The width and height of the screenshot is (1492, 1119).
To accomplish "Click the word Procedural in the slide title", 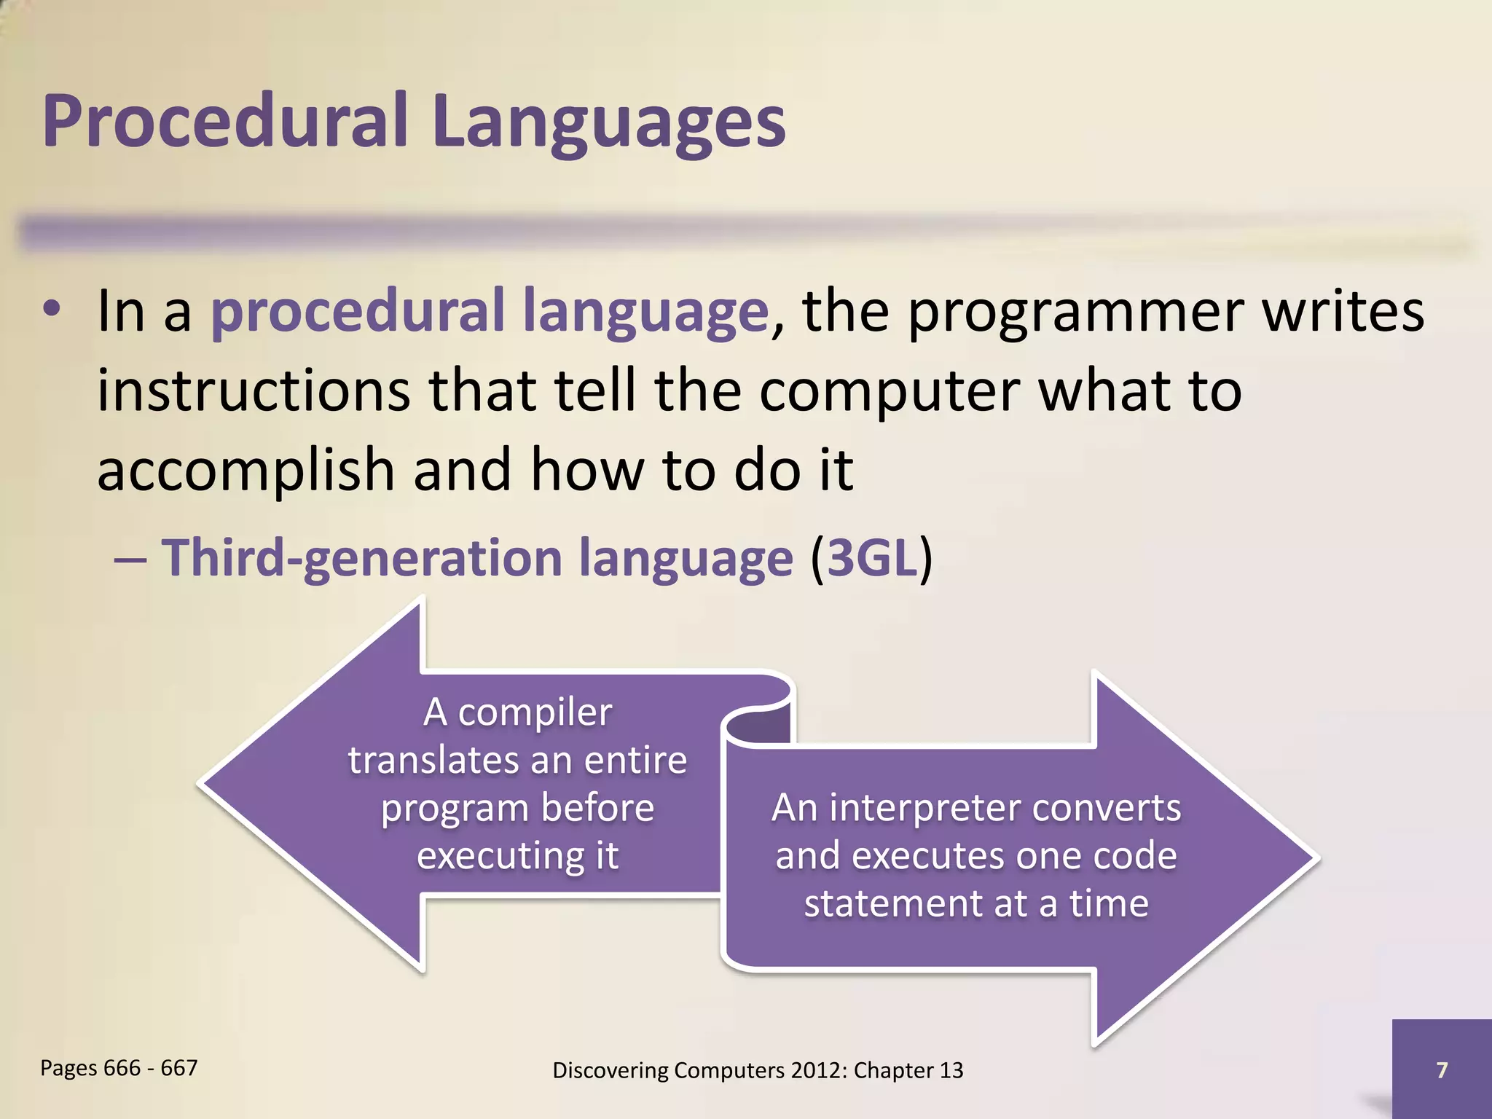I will coord(224,121).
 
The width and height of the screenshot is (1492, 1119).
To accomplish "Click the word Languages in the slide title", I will coord(608,124).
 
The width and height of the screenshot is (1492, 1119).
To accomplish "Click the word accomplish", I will coord(246,471).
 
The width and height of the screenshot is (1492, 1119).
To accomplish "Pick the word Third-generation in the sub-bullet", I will coord(361,558).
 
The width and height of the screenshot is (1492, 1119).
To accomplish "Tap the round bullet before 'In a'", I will coord(52,310).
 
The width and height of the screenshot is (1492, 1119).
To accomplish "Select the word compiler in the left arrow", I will coord(535,712).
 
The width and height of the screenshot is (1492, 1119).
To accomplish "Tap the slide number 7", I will coord(1441,1069).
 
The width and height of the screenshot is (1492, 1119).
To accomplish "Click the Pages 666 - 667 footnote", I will coord(119,1068).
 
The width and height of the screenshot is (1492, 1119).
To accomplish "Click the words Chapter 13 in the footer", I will coord(908,1070).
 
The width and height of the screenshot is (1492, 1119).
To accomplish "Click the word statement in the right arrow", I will coord(893,903).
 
